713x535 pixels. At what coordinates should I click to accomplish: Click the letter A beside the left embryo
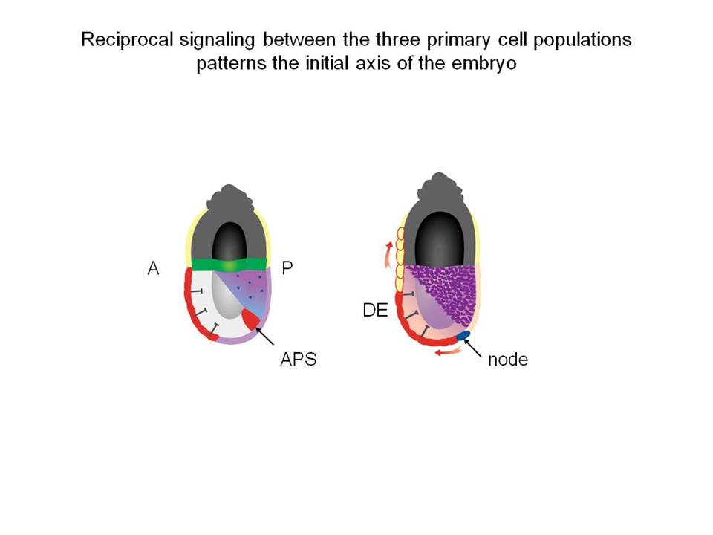tap(153, 268)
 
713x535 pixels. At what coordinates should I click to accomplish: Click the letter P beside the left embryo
tap(287, 268)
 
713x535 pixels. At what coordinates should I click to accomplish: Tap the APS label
tap(299, 359)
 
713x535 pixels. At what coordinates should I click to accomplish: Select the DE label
tap(375, 311)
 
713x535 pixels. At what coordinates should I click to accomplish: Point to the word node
tap(508, 360)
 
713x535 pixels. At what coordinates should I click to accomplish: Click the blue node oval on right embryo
tap(463, 336)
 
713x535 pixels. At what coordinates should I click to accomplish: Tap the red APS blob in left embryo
tap(250, 319)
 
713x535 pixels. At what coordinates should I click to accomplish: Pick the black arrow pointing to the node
tap(472, 348)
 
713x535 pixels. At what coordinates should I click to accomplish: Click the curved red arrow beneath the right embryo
tap(449, 351)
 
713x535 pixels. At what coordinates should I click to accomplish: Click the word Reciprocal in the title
tap(127, 39)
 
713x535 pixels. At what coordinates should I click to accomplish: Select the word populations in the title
tap(582, 40)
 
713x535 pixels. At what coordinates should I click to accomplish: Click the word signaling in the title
tap(218, 40)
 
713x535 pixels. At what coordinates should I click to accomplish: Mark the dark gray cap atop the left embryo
tap(230, 197)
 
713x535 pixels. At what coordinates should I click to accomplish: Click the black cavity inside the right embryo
tap(439, 239)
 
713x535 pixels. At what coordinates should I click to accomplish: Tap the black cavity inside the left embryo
tap(229, 241)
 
